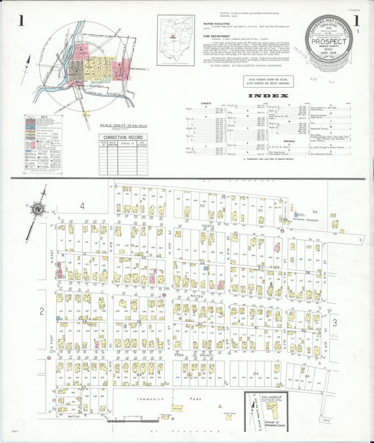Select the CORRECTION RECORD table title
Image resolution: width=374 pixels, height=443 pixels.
123,138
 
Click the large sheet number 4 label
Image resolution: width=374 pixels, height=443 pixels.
82,206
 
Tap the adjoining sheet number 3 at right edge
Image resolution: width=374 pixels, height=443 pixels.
335,322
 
